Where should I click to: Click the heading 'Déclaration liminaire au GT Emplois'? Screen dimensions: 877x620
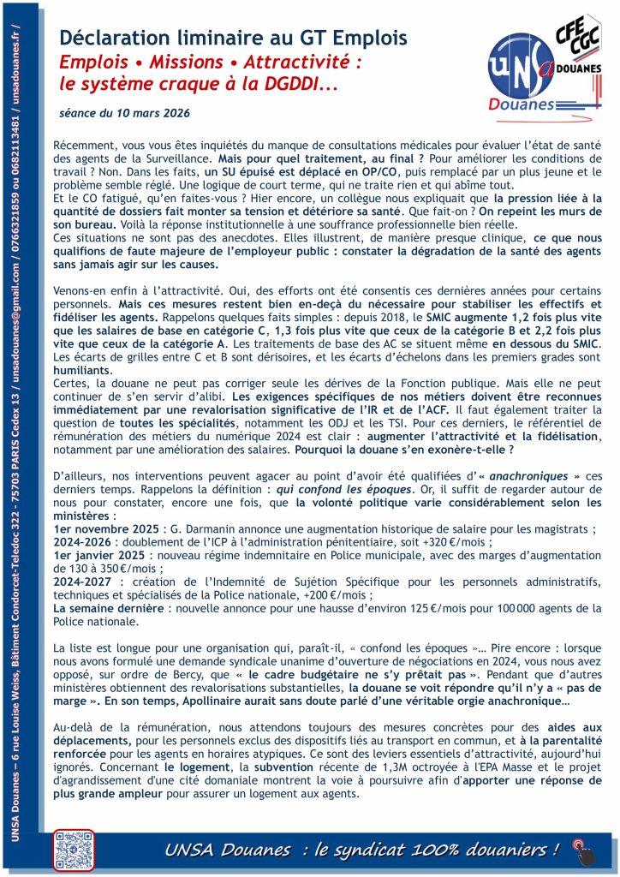point(233,38)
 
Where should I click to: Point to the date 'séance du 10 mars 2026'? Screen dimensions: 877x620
point(124,112)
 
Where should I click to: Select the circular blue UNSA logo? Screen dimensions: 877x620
point(519,71)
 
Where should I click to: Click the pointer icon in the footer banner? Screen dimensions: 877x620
point(582,850)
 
